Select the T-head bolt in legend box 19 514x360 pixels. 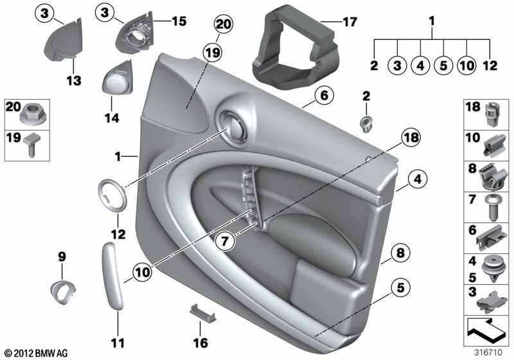[30, 145]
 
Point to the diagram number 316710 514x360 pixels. [488, 352]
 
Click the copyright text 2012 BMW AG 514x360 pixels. [37, 353]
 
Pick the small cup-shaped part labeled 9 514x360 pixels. [63, 291]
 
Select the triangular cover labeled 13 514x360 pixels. [64, 40]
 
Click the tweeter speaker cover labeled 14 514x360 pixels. [118, 78]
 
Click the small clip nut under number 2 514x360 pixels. [366, 124]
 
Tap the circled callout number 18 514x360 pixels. [411, 138]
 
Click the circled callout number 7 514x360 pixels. [224, 242]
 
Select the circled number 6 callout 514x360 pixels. [324, 95]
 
